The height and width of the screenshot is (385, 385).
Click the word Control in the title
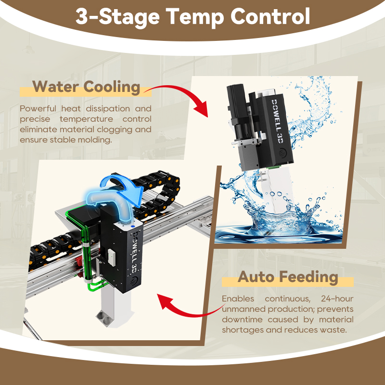(270, 16)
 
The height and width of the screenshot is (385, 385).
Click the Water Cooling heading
(86, 87)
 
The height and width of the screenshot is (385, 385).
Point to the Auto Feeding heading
(288, 277)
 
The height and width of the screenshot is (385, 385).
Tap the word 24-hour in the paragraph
(337, 298)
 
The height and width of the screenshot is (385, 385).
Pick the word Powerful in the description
(38, 108)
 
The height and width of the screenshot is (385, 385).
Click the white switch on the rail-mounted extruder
(112, 257)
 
